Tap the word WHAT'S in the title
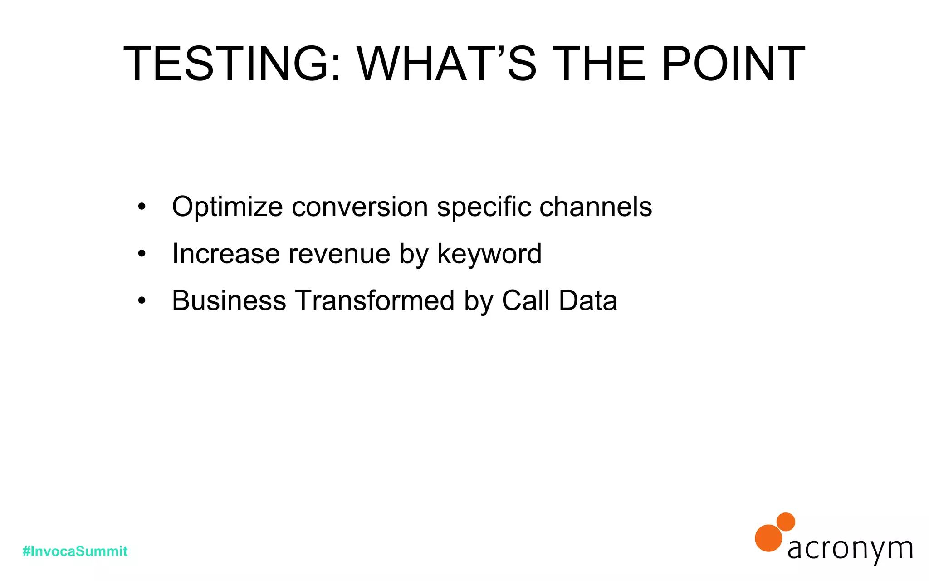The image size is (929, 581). (x=447, y=64)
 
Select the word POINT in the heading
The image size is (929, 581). (x=733, y=64)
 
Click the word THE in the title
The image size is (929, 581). (x=598, y=64)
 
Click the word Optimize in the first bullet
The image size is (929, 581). (x=227, y=207)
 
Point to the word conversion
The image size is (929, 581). (x=360, y=207)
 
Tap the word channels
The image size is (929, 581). (x=596, y=207)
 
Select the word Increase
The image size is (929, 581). (x=225, y=254)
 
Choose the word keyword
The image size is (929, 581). (x=489, y=254)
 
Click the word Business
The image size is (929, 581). (x=229, y=300)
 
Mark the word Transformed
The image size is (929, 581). (x=375, y=300)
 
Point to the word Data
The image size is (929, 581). (x=588, y=300)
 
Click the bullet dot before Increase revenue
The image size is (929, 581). (x=142, y=254)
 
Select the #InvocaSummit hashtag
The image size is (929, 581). (x=75, y=551)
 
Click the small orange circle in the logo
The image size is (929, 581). (x=786, y=522)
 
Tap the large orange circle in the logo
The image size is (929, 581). (x=768, y=538)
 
